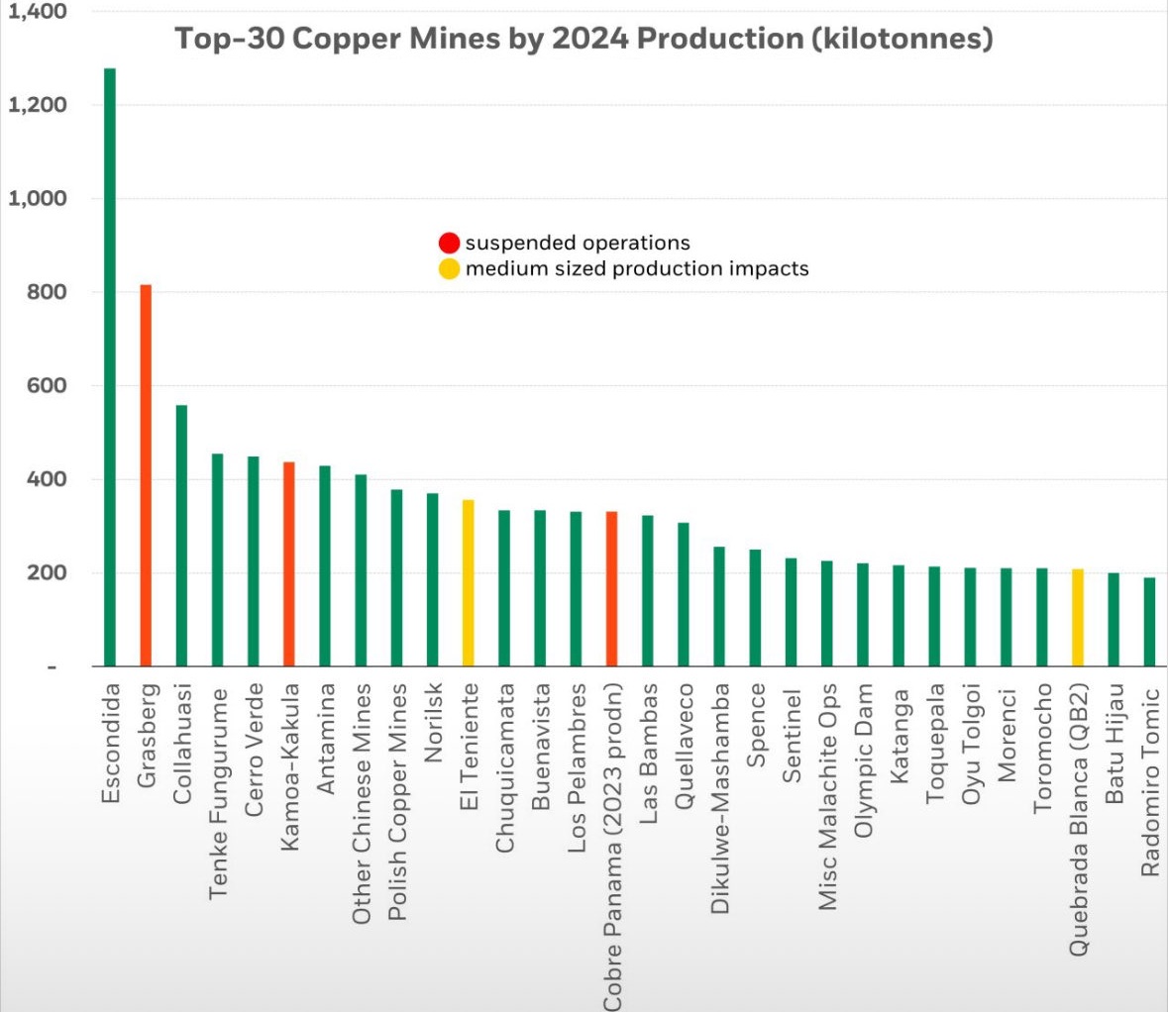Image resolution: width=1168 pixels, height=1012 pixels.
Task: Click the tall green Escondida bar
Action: point(110,366)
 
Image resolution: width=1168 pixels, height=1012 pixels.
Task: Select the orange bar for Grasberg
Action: point(146,475)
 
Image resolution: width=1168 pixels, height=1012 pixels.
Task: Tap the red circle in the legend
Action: point(450,244)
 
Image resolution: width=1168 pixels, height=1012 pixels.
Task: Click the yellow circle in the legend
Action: point(450,269)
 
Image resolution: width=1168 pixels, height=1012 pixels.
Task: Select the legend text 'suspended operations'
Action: point(578,244)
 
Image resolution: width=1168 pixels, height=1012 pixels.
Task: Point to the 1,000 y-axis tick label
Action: point(38,199)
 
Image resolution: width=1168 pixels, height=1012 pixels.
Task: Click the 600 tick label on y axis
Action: point(47,386)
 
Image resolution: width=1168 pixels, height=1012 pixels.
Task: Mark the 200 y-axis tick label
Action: point(47,573)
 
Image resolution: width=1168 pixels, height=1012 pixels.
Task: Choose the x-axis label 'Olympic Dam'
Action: point(864,759)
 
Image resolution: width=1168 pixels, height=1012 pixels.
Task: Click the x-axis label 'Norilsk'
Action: point(433,723)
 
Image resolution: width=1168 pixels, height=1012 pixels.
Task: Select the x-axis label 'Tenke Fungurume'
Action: point(219,793)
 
